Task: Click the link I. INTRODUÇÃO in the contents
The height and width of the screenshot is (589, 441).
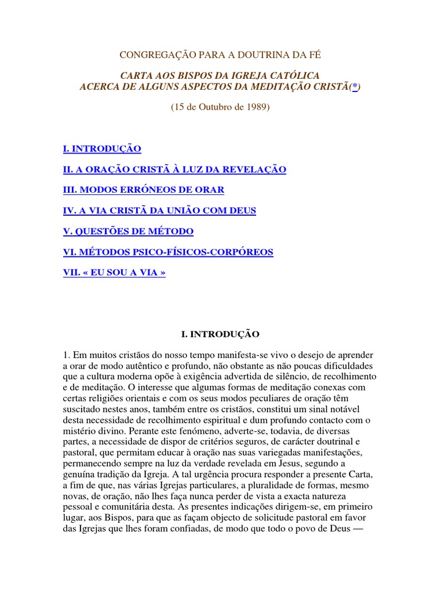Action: point(102,149)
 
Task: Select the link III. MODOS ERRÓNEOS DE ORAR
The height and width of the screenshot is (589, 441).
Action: point(144,190)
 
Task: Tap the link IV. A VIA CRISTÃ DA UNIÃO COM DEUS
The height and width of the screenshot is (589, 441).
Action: point(160,211)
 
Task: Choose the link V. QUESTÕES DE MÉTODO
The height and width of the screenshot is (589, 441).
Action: point(128,231)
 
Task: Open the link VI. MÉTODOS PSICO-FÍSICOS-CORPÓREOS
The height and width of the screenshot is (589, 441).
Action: point(168,252)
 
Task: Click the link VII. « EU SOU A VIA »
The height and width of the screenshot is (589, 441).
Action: point(114,273)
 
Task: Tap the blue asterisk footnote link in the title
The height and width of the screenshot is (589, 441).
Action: point(355,86)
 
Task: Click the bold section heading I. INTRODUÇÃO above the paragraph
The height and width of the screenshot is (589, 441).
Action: point(220,334)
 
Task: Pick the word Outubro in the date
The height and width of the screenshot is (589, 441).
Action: point(213,108)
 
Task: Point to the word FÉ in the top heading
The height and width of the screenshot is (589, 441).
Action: point(314,55)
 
